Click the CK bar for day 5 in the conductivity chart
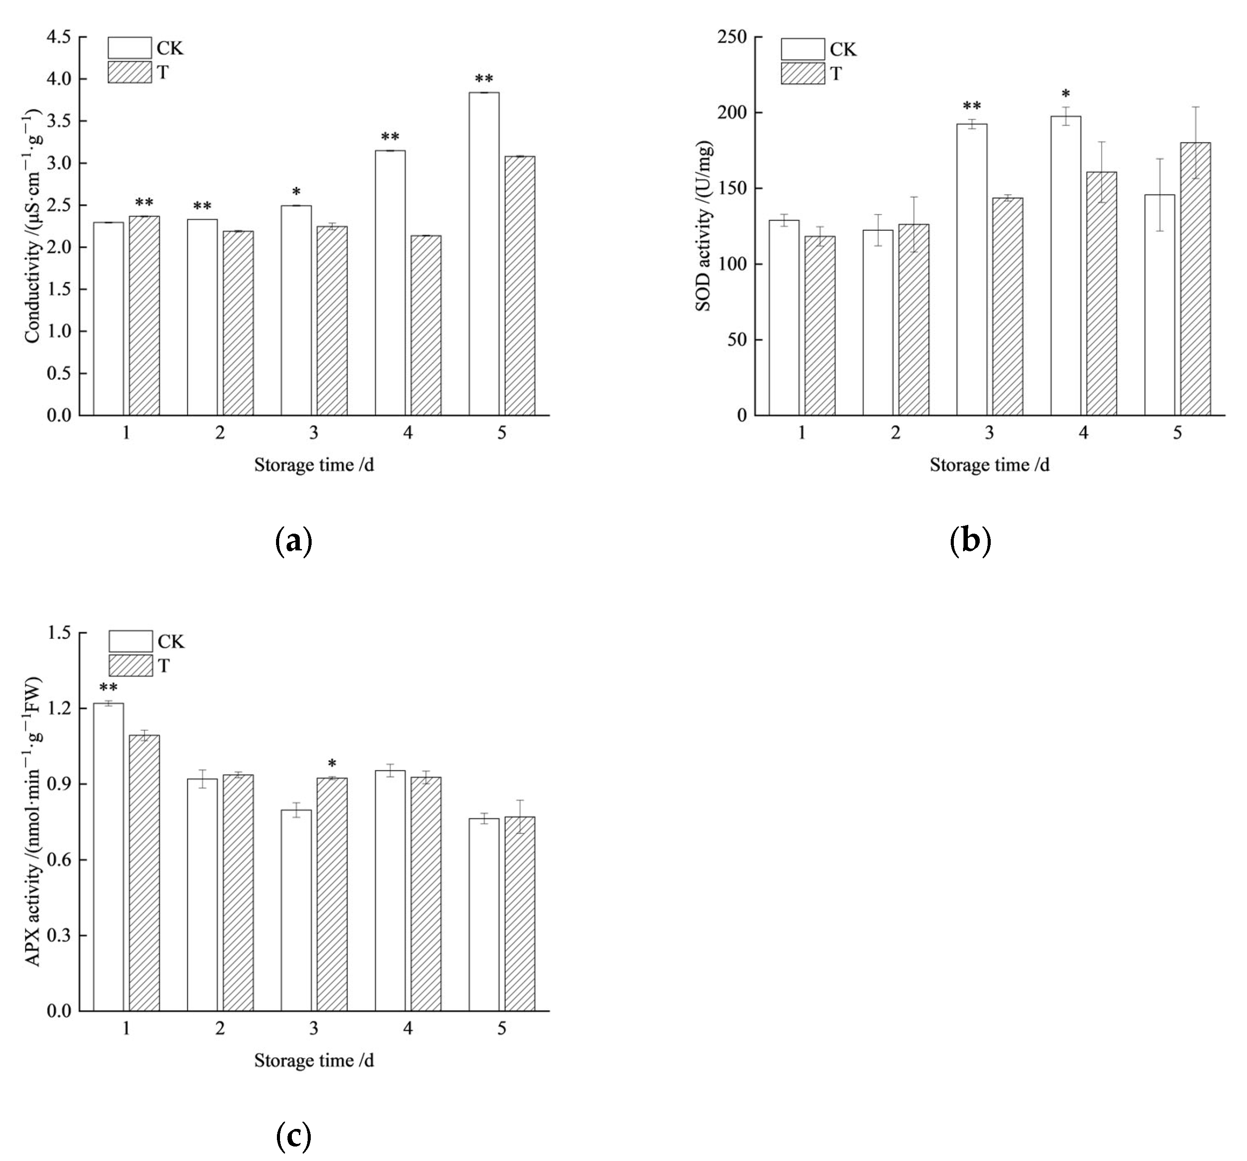[x=484, y=254]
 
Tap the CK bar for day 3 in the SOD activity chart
[x=972, y=270]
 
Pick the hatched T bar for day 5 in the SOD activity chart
[x=1196, y=279]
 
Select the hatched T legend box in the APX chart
[x=131, y=666]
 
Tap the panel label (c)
[x=294, y=1136]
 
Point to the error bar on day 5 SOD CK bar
[x=1160, y=194]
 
